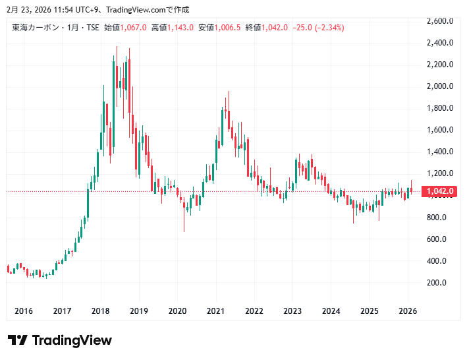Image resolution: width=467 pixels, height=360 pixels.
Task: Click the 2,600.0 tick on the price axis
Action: (x=440, y=21)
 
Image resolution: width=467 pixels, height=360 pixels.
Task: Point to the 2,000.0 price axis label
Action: (x=440, y=86)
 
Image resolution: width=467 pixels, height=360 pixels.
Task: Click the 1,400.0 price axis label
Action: (x=440, y=152)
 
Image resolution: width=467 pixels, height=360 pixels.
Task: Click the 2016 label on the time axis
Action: (x=23, y=311)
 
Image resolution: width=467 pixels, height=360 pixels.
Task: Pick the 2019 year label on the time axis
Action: (x=139, y=311)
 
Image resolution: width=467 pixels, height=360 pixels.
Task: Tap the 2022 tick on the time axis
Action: (x=254, y=311)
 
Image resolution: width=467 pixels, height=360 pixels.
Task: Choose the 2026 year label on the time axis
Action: (x=408, y=311)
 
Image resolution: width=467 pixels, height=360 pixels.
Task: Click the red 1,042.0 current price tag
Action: (x=440, y=192)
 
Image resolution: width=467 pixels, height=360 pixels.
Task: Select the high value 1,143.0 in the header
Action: (x=181, y=28)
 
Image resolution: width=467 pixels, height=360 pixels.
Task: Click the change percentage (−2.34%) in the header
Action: (x=329, y=28)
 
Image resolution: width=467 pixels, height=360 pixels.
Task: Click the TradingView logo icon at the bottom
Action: (x=18, y=340)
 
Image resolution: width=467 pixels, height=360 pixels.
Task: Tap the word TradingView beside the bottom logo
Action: (x=72, y=340)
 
